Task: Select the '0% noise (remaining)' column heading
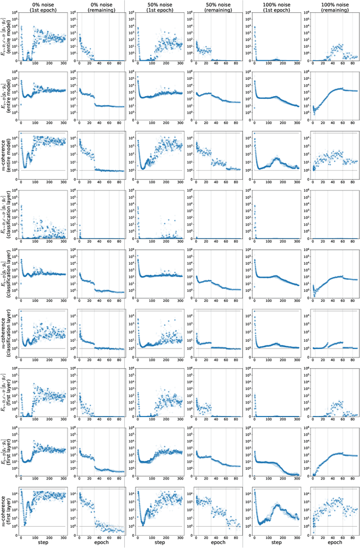coord(94,6)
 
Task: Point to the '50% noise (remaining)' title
coord(209,6)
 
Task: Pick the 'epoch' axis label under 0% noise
coord(94,544)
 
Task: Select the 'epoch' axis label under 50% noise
coord(209,544)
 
